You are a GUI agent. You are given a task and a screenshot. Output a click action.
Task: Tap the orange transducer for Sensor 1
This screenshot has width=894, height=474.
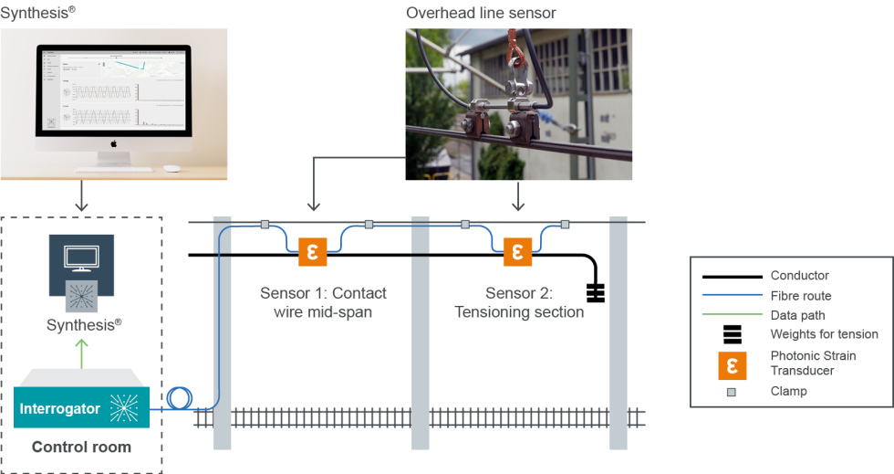point(312,251)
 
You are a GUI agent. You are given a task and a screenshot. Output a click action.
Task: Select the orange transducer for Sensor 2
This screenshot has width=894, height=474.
point(518,251)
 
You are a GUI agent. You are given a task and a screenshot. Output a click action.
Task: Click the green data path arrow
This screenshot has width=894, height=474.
point(82,353)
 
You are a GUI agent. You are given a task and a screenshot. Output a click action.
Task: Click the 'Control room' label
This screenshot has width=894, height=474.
point(81,448)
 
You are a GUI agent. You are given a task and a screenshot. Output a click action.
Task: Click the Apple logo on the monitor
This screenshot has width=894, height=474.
point(115,143)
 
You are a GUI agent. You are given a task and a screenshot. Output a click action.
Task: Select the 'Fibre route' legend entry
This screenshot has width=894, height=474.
point(800,296)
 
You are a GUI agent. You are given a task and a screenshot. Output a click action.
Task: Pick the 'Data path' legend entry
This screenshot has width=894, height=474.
point(797,315)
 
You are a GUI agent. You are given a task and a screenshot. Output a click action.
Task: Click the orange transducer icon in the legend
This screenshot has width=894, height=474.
point(732,363)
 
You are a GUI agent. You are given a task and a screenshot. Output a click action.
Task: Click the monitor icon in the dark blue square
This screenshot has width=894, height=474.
point(81,258)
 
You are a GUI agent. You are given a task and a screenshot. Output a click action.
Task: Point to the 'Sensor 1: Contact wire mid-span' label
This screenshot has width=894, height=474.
point(323,302)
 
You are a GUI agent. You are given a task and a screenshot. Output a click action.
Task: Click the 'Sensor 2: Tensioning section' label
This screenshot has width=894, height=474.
point(519,302)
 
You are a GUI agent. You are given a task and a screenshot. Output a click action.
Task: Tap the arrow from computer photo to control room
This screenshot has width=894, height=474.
point(82,197)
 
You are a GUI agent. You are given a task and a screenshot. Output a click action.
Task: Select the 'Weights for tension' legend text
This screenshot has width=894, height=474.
point(824,334)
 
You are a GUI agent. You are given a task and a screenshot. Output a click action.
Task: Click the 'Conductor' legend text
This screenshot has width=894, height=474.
point(799,276)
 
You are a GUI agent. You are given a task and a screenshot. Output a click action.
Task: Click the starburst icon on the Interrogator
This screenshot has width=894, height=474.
point(125,408)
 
